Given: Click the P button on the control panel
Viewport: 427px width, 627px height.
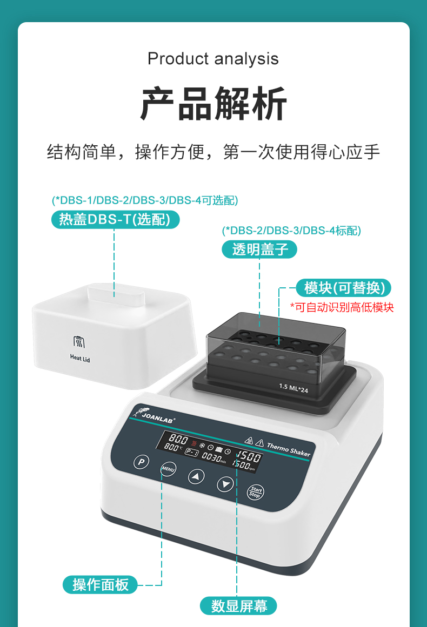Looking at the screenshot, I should (x=141, y=462).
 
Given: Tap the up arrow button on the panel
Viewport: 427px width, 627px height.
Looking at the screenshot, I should (x=197, y=476).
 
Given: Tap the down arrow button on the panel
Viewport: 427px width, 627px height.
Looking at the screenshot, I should (x=225, y=484).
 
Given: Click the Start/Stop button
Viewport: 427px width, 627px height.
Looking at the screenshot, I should (x=255, y=493).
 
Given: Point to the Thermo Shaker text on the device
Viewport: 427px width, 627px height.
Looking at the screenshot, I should (x=289, y=449).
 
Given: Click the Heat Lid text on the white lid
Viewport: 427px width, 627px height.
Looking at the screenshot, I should (x=80, y=358).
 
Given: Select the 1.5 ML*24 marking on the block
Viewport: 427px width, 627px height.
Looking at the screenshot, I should (x=293, y=387).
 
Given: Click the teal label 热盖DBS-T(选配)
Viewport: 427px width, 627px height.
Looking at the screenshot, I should (x=115, y=219).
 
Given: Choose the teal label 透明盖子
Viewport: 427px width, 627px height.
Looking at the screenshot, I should (x=259, y=249).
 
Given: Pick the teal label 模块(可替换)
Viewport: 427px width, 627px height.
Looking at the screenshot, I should (x=344, y=288).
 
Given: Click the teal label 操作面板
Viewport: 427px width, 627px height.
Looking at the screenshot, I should (x=101, y=584).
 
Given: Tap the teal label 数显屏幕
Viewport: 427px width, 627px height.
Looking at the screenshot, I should (x=239, y=606).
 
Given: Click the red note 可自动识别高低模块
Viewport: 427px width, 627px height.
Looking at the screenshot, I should (x=342, y=307).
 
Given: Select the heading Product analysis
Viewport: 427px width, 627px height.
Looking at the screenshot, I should (x=213, y=58).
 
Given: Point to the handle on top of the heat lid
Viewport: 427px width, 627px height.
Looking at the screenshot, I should (x=115, y=295).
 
